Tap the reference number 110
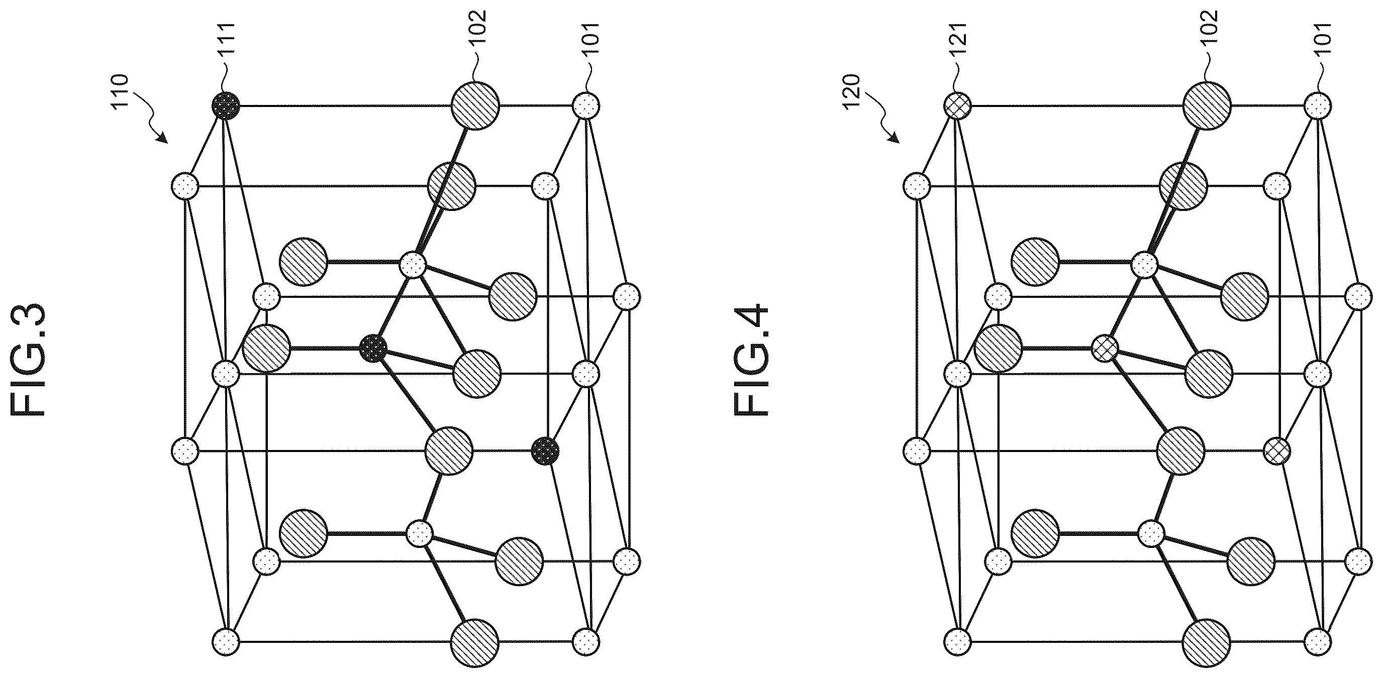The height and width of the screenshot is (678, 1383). click(x=120, y=92)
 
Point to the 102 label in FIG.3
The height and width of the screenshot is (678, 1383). click(x=476, y=29)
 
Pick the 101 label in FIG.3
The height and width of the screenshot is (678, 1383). click(x=591, y=38)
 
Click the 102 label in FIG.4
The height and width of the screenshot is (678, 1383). click(x=1209, y=29)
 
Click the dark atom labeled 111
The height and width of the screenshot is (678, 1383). click(x=226, y=105)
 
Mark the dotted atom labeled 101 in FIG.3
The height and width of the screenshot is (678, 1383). click(x=586, y=105)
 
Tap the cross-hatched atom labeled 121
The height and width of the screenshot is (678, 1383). click(x=957, y=105)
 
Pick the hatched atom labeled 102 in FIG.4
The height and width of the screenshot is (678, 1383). click(x=1208, y=105)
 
